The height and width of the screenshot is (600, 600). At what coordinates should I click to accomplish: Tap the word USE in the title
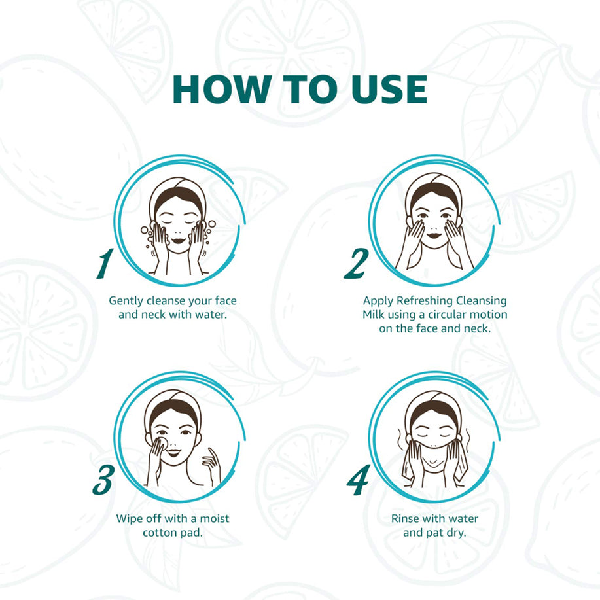point(389,90)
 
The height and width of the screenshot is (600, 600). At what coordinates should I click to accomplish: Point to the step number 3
point(103,480)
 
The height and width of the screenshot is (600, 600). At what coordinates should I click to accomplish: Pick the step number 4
point(359,480)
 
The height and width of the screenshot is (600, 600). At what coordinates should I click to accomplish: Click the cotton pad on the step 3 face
point(163,441)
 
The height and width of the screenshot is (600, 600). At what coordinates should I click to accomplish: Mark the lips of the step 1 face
point(179,241)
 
